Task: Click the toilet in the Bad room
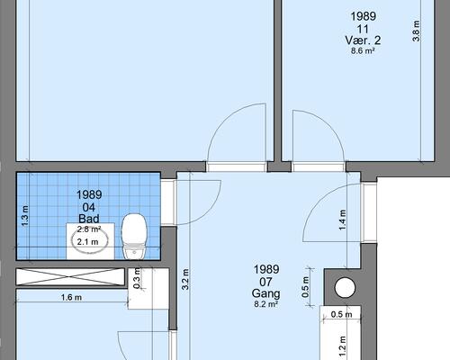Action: tap(134, 237)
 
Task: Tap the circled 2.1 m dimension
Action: tap(87, 242)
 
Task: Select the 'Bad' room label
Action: tap(89, 219)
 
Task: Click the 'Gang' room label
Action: tap(265, 293)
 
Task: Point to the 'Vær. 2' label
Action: tap(363, 40)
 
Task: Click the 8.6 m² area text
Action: tap(363, 50)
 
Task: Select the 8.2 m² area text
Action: tap(265, 304)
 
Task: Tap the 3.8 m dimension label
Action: tap(417, 31)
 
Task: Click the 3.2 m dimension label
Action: tap(185, 279)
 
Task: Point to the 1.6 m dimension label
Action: tap(71, 297)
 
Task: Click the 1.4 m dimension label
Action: tap(342, 220)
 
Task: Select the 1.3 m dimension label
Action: tap(25, 216)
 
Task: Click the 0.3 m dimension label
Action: tap(137, 278)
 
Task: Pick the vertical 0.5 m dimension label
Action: tap(305, 287)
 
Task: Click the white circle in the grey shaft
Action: tap(345, 287)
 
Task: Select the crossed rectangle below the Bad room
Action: tap(70, 276)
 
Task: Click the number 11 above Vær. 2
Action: tap(363, 29)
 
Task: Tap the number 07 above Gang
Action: tap(265, 282)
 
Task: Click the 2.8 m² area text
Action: tap(89, 229)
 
